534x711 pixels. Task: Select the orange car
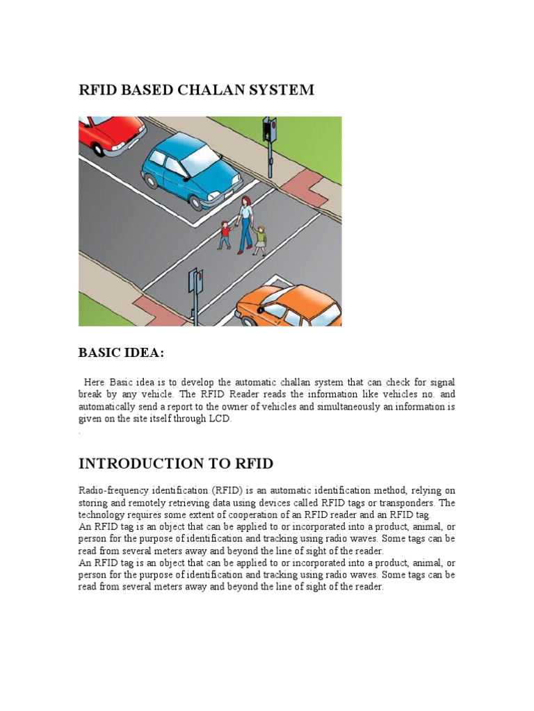click(289, 306)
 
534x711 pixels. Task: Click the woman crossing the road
click(245, 224)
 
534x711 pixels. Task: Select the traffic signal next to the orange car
click(195, 292)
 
